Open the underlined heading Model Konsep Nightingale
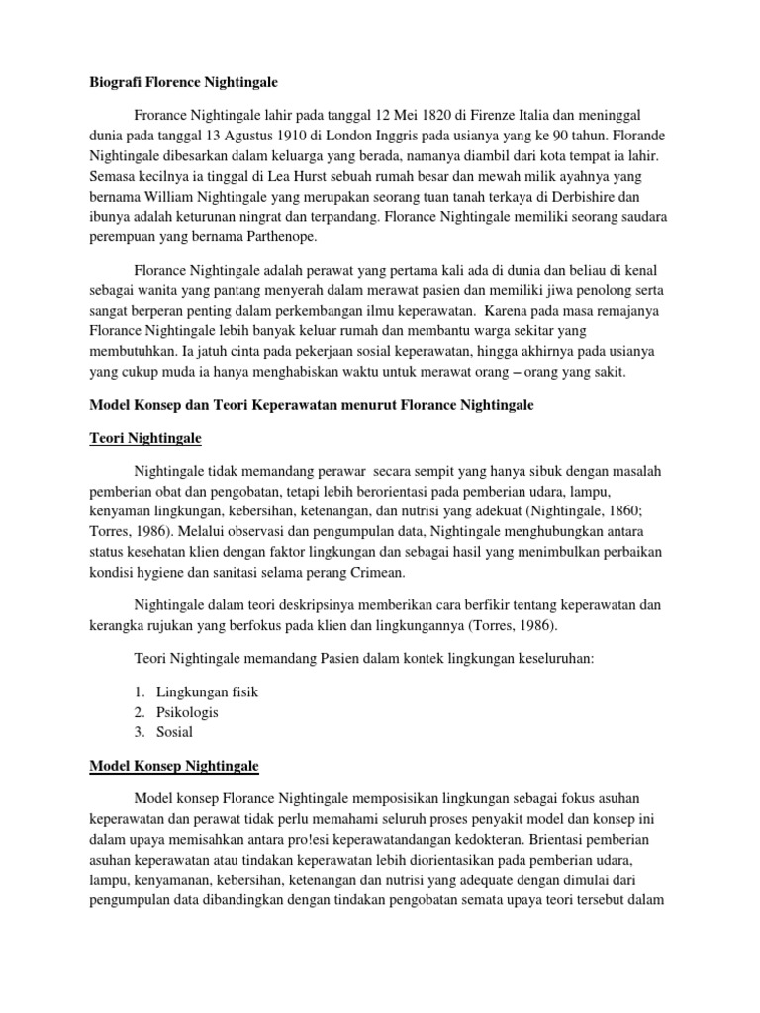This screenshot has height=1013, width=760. coord(173,766)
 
